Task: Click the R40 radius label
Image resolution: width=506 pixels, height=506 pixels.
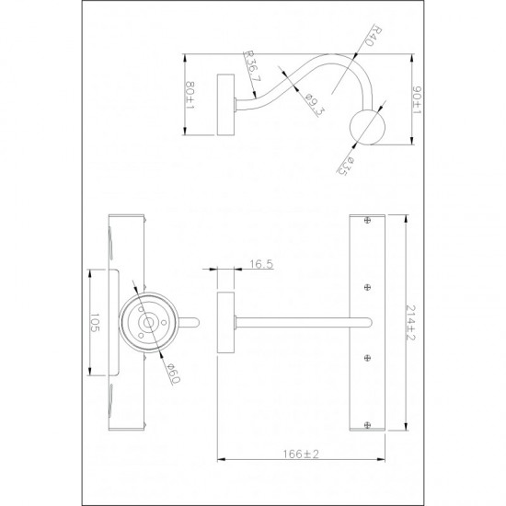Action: pos(374,36)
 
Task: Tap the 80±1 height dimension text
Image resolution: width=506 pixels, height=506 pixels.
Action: pos(190,95)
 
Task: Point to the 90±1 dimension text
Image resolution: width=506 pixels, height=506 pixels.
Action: pos(419,100)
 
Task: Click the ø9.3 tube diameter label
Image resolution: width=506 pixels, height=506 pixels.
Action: pos(314,104)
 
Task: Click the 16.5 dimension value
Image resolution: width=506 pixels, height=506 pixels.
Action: pos(261,264)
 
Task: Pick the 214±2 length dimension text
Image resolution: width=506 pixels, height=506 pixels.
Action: pos(409,323)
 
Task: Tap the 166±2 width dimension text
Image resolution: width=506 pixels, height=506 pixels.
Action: pos(301,454)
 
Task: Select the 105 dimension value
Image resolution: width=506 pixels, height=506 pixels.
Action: pos(95,323)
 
